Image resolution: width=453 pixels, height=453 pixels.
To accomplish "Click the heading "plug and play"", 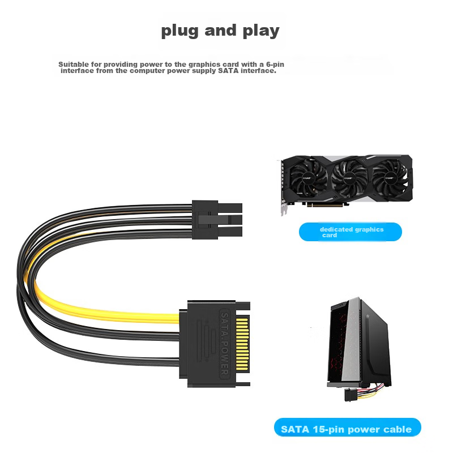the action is (220, 31).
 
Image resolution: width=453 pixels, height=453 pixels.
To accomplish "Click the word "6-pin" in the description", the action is (275, 64).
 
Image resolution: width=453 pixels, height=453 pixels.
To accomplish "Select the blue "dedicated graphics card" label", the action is (350, 232).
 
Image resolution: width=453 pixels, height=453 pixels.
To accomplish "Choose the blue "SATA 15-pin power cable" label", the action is (347, 427).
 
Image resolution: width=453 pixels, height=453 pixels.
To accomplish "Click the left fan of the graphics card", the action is (307, 178).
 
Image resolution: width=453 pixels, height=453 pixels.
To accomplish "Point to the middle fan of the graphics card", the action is (349, 178).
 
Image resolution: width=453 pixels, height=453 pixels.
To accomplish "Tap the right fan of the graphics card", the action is (390, 177).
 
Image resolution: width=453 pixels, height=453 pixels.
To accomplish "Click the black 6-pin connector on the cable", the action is (217, 220).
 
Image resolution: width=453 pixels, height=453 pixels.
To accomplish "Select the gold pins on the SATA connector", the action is (242, 344).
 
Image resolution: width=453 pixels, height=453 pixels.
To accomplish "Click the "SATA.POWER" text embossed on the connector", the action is (225, 344).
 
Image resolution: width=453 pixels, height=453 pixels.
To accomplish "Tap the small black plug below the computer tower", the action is (351, 395).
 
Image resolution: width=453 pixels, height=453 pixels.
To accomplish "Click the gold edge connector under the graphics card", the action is (324, 204).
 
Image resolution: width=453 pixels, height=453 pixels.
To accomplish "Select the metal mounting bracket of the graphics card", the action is (283, 188).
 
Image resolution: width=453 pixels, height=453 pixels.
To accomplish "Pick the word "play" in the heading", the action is (261, 31).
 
